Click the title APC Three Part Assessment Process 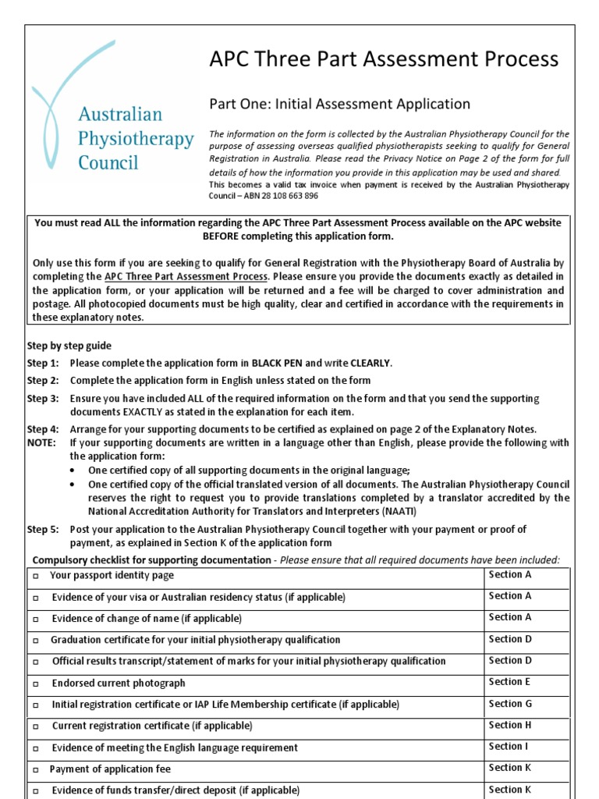(x=384, y=59)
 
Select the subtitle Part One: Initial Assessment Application (x=339, y=104)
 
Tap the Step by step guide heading (x=69, y=346)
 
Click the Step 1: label (x=43, y=364)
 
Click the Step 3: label (x=43, y=399)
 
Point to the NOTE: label (x=41, y=442)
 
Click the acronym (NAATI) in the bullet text (x=395, y=512)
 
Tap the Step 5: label (x=43, y=529)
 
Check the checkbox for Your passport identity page (x=36, y=576)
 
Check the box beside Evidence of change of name (x=36, y=619)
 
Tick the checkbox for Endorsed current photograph (x=36, y=684)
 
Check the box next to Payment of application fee (x=36, y=769)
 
